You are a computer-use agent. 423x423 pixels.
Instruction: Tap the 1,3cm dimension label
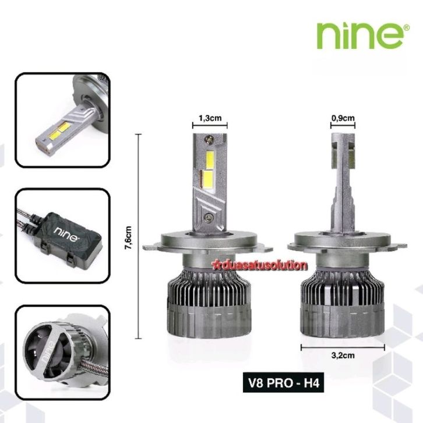tap(210, 118)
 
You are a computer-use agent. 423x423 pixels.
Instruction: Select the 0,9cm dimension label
tap(343, 118)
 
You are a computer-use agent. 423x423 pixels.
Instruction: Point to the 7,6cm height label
tap(128, 238)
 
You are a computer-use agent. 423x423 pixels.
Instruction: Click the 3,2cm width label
tap(343, 355)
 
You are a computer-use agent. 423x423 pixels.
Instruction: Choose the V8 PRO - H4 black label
tap(283, 383)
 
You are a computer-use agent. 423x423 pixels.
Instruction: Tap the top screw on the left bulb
tap(209, 139)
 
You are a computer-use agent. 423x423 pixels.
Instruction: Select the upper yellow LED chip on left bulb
tap(210, 160)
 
